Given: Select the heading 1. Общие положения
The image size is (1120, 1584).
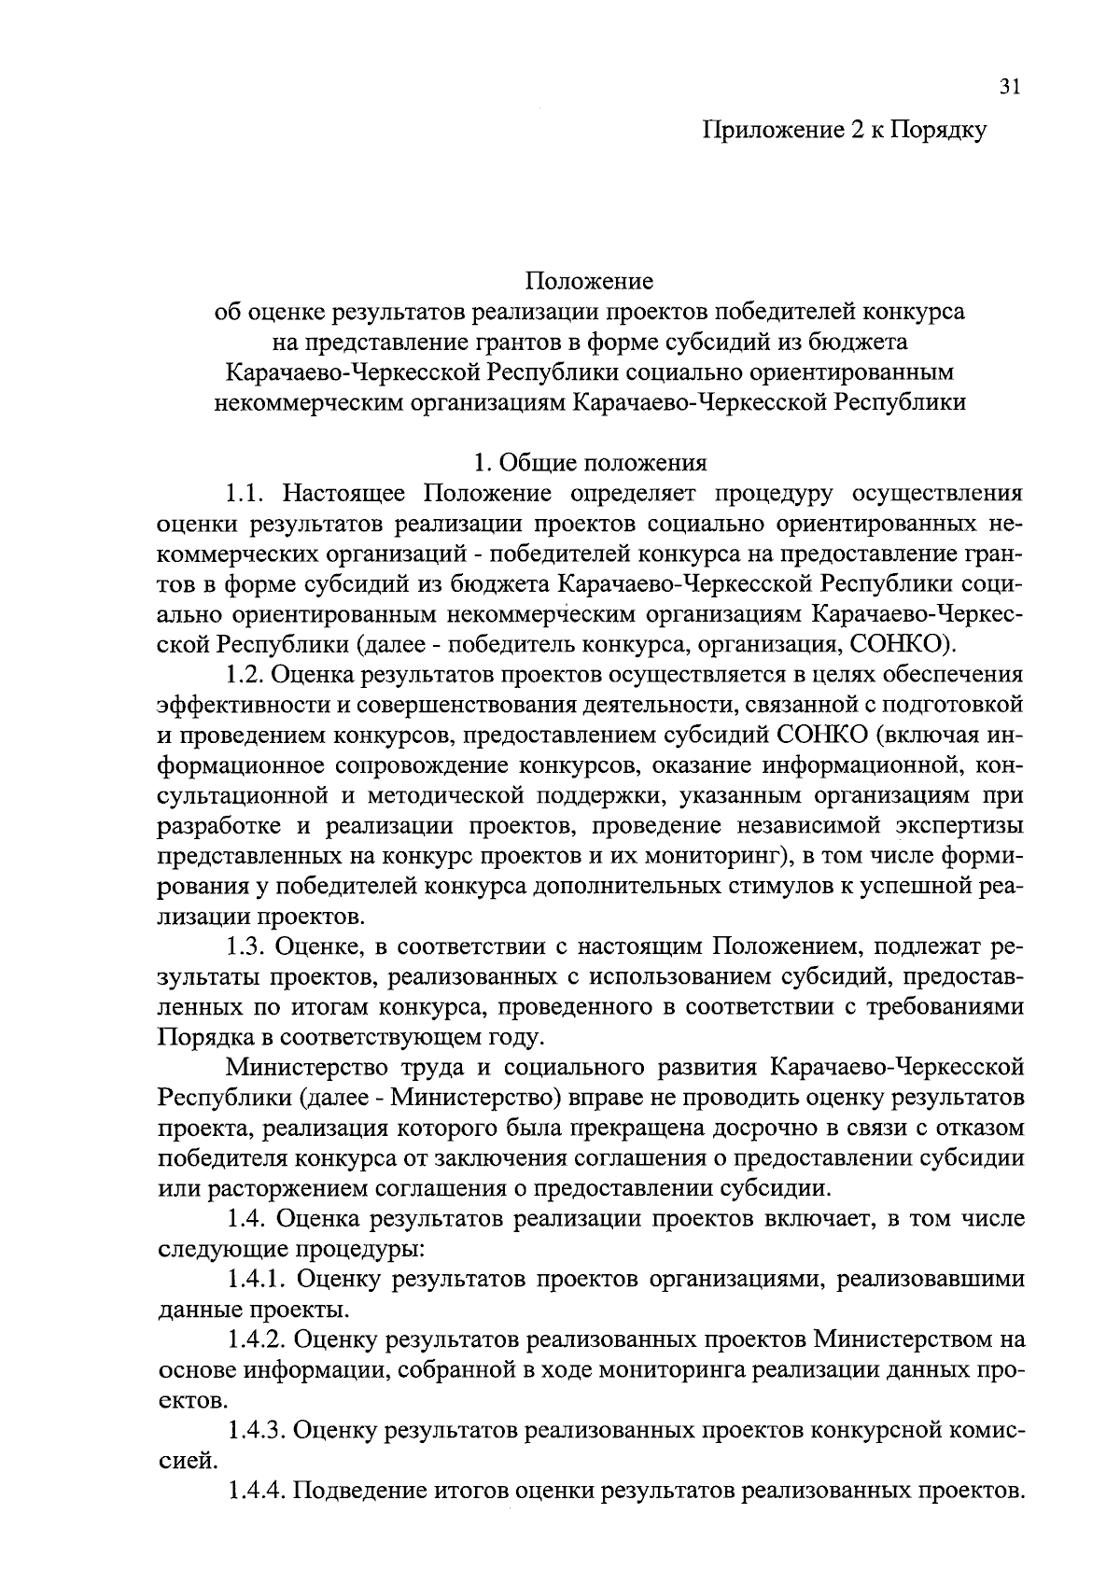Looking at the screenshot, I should [x=590, y=463].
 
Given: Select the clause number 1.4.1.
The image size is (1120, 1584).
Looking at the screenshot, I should [x=260, y=1280].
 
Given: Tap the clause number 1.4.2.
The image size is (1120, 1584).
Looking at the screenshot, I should [x=260, y=1340].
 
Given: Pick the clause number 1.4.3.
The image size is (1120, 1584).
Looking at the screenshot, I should [x=260, y=1431].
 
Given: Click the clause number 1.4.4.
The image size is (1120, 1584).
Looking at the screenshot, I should [x=260, y=1491].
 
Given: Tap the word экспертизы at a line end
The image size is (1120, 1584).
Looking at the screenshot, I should [x=959, y=826].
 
